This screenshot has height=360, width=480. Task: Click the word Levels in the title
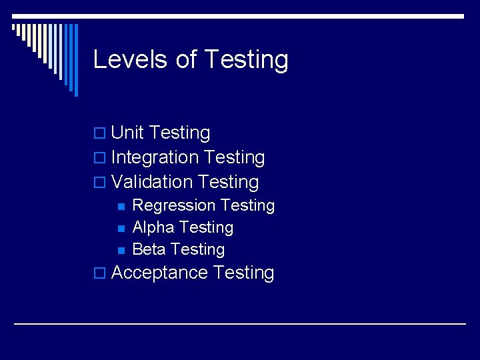131,59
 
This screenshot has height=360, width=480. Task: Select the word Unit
127,133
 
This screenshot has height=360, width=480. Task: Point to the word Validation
152,182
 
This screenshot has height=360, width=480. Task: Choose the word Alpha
153,227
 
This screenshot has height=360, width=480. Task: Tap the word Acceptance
160,273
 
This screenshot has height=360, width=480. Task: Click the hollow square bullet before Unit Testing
100,134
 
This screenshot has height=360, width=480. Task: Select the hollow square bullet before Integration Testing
100,159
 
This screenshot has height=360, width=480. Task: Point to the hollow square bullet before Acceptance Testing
100,274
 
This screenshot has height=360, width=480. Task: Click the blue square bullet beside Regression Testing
121,207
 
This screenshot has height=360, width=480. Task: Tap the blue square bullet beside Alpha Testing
121,229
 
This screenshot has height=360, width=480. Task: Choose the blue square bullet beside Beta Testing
121,251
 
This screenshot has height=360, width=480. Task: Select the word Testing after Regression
247,205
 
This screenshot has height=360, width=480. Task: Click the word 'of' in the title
186,59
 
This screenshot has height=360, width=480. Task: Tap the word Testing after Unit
179,133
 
